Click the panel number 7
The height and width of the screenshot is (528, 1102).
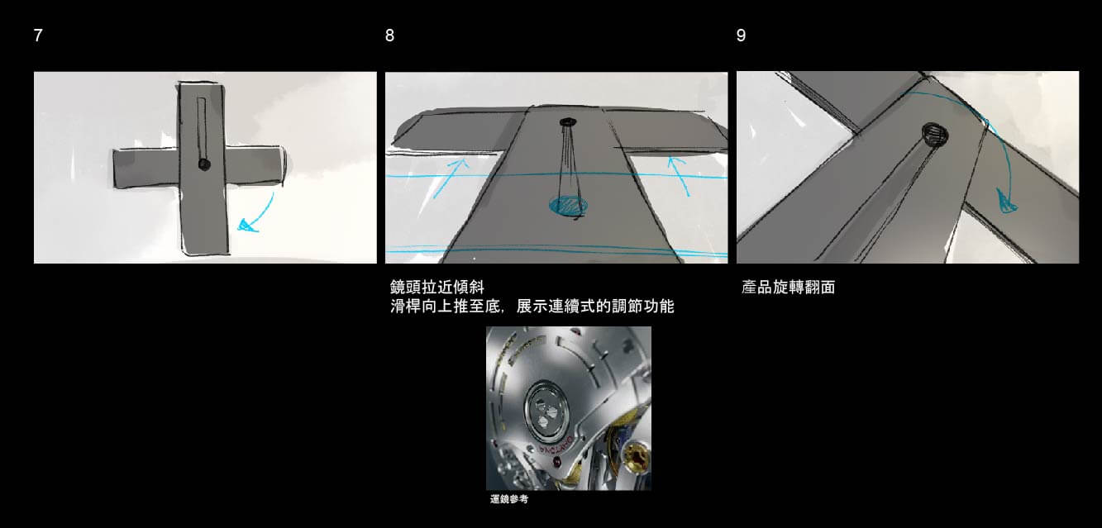coord(38,36)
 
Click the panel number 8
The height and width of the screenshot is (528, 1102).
coord(389,36)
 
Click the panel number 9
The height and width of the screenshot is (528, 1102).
coord(741,36)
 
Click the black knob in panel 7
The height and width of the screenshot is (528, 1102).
coord(203,164)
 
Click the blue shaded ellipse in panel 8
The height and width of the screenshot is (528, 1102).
coord(568,205)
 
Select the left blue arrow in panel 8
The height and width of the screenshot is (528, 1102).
coord(451,178)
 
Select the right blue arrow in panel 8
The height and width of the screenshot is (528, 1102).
coord(680,176)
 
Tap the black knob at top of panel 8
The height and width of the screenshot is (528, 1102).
coord(568,121)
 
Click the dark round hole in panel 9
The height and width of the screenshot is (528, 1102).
coord(935,134)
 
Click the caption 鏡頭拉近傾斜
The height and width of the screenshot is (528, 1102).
coord(437,287)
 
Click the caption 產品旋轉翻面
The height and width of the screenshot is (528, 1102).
coord(789,287)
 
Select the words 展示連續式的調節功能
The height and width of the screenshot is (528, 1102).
coord(595,307)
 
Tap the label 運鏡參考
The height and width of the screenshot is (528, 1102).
coord(509,499)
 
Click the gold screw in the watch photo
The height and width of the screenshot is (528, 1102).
coord(637,457)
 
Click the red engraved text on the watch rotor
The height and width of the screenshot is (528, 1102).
coord(555,447)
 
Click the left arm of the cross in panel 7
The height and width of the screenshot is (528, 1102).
coord(146,168)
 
